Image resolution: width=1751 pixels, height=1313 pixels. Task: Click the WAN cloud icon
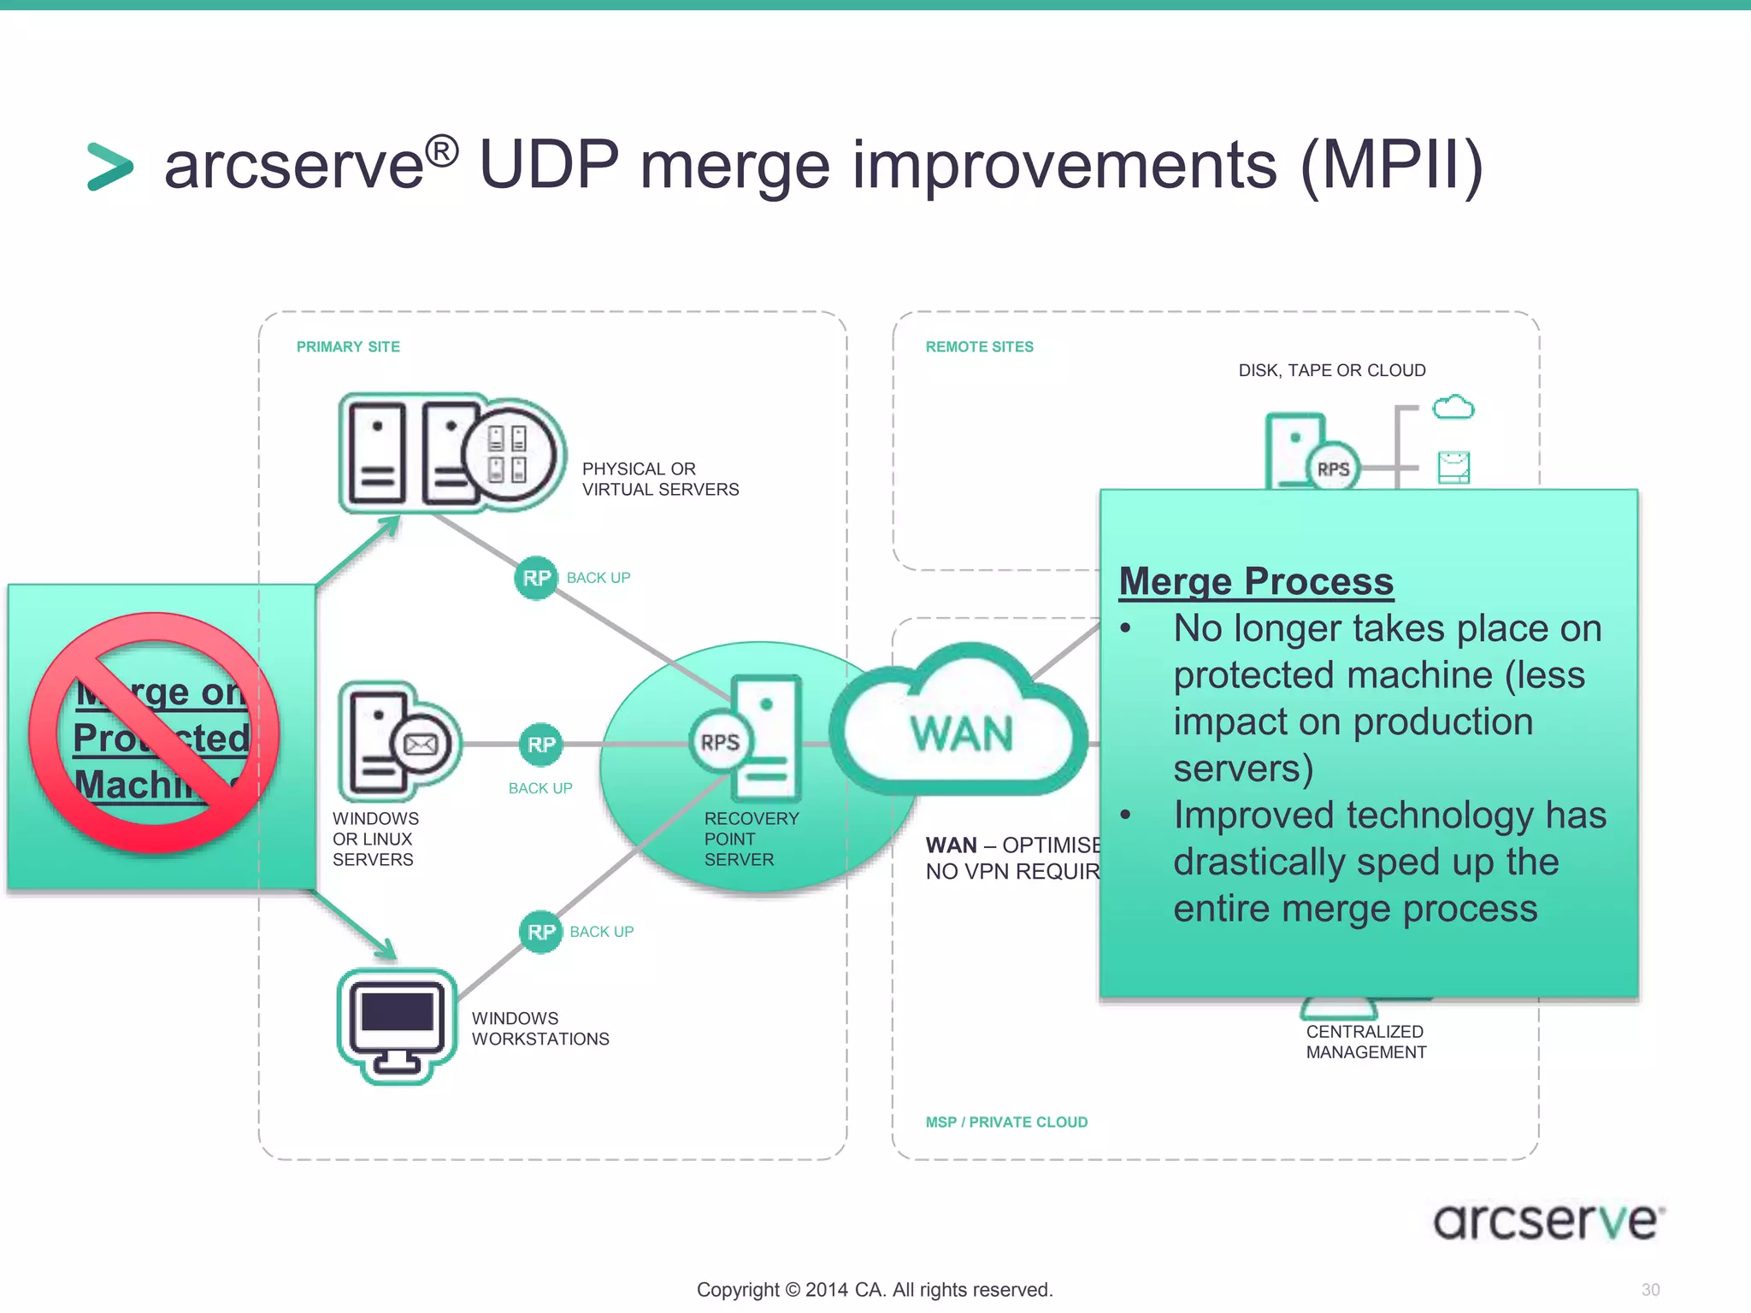pyautogui.click(x=959, y=727)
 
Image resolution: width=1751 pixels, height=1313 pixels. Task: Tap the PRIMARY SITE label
pyautogui.click(x=348, y=347)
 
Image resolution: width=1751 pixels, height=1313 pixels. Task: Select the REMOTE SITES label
pyautogui.click(x=979, y=347)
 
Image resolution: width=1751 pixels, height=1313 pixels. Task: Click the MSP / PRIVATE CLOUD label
pyautogui.click(x=1006, y=1122)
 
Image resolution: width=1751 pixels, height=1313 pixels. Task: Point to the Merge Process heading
pyautogui.click(x=1256, y=582)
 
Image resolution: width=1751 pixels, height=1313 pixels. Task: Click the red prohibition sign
pyautogui.click(x=154, y=733)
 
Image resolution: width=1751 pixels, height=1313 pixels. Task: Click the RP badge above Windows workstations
pyautogui.click(x=540, y=932)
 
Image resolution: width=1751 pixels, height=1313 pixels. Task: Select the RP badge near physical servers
pyautogui.click(x=536, y=579)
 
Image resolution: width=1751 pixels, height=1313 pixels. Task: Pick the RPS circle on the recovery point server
pyautogui.click(x=720, y=742)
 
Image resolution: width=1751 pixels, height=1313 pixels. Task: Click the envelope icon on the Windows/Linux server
pyautogui.click(x=420, y=745)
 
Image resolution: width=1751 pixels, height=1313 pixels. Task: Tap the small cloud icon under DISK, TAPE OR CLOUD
pyautogui.click(x=1453, y=407)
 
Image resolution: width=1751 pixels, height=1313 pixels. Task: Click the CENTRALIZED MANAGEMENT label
pyautogui.click(x=1365, y=1042)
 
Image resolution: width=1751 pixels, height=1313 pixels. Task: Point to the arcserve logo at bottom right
pyautogui.click(x=1548, y=1221)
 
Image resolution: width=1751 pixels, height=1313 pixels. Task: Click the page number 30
pyautogui.click(x=1650, y=1290)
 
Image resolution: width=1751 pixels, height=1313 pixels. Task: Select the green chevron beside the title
pyautogui.click(x=110, y=167)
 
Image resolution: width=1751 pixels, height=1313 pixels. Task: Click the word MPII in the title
pyautogui.click(x=1391, y=165)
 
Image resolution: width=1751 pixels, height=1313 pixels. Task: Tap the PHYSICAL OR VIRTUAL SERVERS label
pyautogui.click(x=660, y=480)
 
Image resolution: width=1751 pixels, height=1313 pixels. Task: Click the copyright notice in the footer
pyautogui.click(x=874, y=1290)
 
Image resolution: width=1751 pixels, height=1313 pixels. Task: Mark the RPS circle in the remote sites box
pyautogui.click(x=1333, y=469)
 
